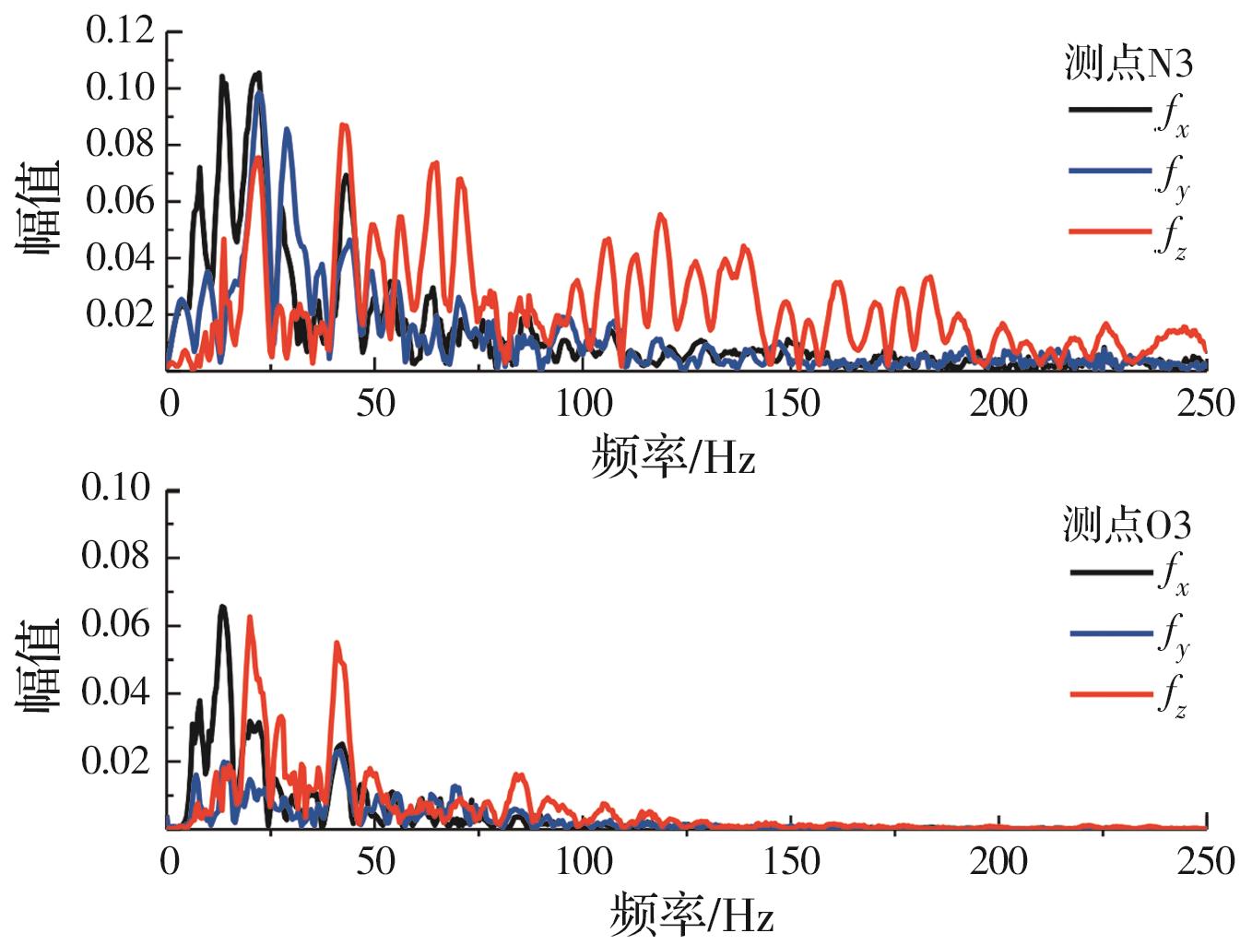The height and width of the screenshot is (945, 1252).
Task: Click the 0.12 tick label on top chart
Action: point(120,30)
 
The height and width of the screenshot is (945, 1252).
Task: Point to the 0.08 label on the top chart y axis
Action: point(120,144)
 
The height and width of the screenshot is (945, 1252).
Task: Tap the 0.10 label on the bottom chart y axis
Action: point(115,488)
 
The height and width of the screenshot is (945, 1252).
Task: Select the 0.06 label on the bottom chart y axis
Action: point(115,624)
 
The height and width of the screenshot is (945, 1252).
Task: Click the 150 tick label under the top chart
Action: point(791,404)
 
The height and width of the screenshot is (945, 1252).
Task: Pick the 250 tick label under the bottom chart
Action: point(1205,862)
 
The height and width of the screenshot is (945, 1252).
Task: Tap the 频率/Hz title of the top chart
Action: point(673,455)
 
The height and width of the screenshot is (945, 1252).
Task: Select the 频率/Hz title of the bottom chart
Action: point(691,915)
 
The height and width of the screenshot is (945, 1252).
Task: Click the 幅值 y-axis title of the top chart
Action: point(37,207)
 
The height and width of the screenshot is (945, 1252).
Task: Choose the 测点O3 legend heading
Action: point(1127,525)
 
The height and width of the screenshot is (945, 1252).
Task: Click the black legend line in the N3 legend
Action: point(1110,111)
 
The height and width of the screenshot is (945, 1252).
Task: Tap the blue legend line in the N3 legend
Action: point(1110,171)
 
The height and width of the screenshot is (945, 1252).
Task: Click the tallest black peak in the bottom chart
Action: point(222,608)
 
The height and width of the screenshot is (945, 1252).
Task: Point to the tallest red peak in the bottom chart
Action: point(249,618)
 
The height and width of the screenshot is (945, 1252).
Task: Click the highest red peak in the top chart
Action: point(343,125)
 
